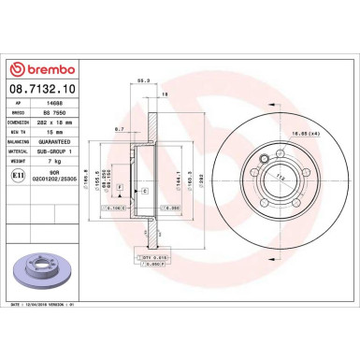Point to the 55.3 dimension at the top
[142, 81]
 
